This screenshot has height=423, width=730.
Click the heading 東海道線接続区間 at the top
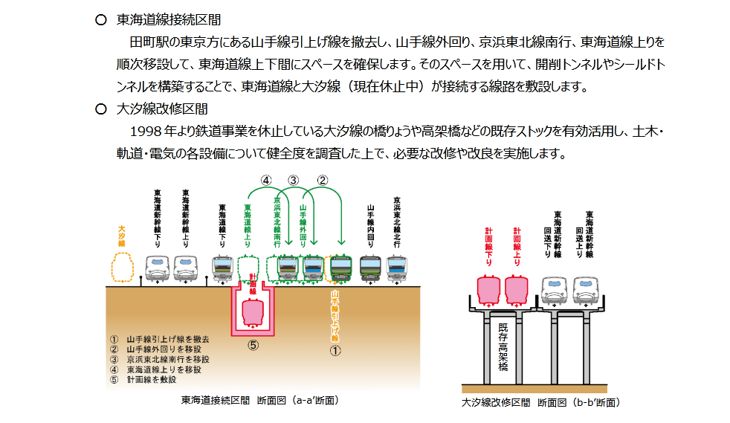coord(169,20)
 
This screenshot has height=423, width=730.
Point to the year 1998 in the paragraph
coord(145,132)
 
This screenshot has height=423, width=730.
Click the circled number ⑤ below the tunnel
coord(253,344)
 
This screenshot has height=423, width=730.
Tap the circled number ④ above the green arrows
coord(266,180)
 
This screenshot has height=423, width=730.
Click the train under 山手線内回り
coord(370,268)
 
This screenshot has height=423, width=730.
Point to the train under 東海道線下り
coord(222,268)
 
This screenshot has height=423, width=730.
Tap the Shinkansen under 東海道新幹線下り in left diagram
coord(158,268)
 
